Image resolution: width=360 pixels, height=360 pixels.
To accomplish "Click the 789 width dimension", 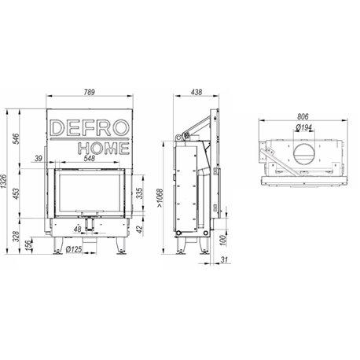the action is coord(89,92).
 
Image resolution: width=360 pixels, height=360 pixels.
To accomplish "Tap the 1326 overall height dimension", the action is coord(4,181).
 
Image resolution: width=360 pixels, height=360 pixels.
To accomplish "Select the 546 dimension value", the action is coord(17,139).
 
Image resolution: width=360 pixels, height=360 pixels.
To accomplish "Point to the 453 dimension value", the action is coord(17,193).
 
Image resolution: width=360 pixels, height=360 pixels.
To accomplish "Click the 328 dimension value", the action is coord(17,236).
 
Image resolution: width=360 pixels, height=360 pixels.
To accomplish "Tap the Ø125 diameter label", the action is coord(74,249).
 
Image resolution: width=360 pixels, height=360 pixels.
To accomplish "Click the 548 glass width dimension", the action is coord(90,158).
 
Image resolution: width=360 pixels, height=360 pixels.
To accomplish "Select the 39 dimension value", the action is coord(39,158).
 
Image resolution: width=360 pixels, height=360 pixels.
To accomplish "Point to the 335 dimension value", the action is coord(140,193).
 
